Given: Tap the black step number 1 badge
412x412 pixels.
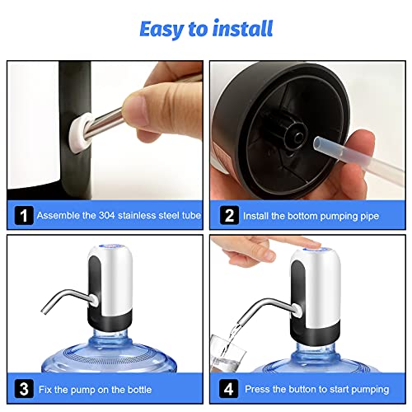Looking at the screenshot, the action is (24, 215).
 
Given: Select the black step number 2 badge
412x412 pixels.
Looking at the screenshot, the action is (229, 215).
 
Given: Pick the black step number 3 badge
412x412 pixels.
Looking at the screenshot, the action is (24, 389).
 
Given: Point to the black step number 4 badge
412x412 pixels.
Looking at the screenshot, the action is (229, 389).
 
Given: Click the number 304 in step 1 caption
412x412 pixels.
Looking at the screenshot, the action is (106, 215).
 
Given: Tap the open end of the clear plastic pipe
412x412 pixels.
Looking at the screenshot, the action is (319, 143).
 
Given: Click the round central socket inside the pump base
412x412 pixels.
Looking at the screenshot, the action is (299, 136).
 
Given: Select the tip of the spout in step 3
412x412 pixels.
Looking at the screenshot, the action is (44, 311).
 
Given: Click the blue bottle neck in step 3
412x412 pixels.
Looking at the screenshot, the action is (110, 336).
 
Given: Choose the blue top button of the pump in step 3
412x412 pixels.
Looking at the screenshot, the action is (110, 246).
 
